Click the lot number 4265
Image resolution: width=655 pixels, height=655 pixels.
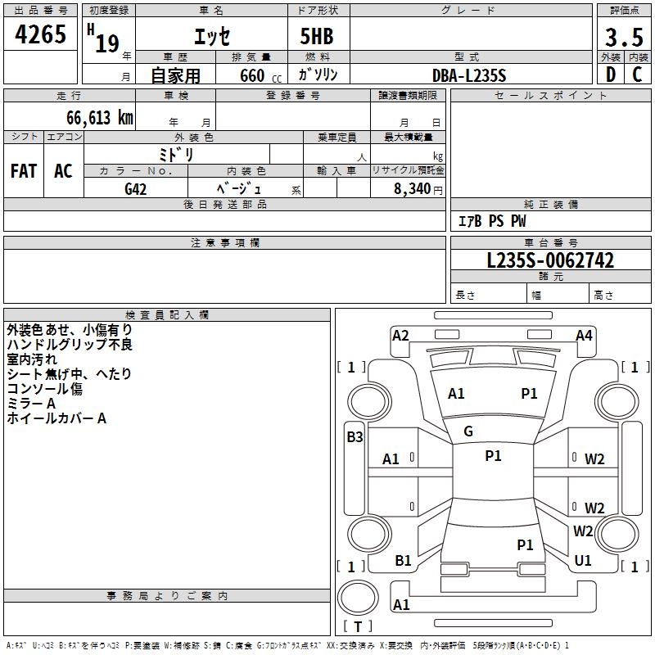(x=41, y=34)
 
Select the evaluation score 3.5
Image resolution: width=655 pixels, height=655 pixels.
(x=623, y=38)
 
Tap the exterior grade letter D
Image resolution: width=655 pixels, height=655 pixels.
(x=610, y=75)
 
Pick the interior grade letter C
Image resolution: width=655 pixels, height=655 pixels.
(x=637, y=75)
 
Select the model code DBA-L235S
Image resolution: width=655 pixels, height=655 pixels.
(x=469, y=75)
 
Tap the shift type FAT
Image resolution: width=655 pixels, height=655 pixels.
(x=24, y=171)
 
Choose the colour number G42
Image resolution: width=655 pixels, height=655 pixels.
(x=136, y=189)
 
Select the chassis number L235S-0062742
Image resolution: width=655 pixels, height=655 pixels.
(x=550, y=261)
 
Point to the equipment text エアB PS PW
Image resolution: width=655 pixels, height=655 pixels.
(x=492, y=221)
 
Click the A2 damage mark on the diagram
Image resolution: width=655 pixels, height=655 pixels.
(x=400, y=335)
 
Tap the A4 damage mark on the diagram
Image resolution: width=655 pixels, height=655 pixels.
(x=584, y=335)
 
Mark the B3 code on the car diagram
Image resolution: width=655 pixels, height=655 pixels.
(x=355, y=437)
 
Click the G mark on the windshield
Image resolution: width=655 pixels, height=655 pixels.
(x=468, y=431)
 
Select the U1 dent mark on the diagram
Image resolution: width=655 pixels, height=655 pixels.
(x=583, y=561)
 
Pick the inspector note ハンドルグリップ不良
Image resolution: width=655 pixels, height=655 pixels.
(x=70, y=345)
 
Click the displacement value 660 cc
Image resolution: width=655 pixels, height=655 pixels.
(x=251, y=75)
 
